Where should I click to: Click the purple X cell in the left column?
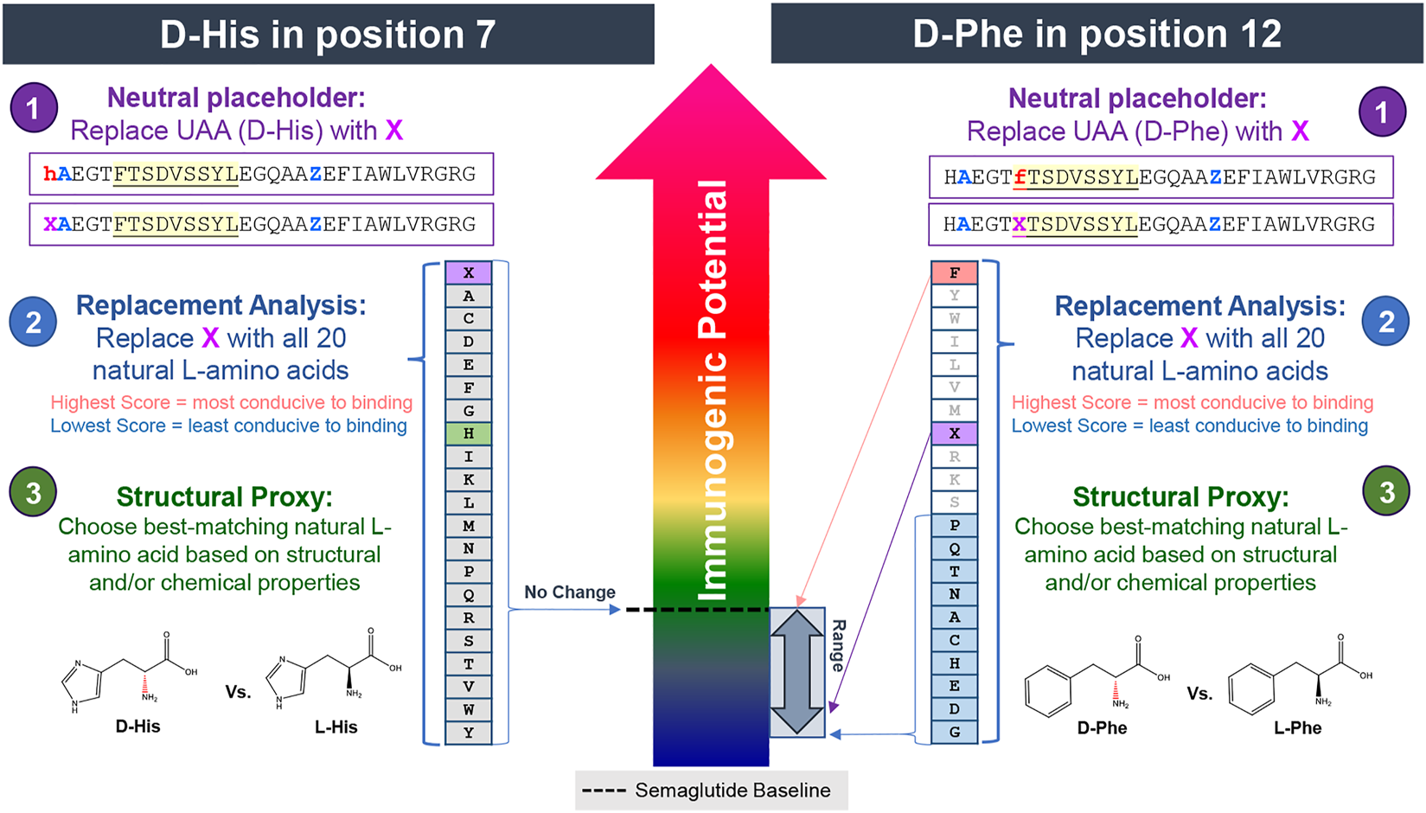tap(468, 272)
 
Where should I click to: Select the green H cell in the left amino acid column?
tap(468, 433)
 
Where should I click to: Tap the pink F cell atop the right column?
tap(954, 272)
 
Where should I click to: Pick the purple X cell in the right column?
tap(954, 433)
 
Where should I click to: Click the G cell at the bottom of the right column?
tap(954, 732)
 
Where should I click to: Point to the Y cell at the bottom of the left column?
tap(468, 733)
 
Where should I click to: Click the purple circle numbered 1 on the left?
tap(34, 108)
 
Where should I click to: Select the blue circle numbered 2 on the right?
tap(1385, 322)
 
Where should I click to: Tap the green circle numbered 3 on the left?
tap(33, 492)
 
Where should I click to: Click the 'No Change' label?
tap(569, 592)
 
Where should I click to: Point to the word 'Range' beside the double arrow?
tap(837, 645)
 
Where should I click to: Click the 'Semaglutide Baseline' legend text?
tap(732, 791)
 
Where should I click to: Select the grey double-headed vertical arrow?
tap(796, 672)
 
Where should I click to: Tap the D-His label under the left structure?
tap(138, 727)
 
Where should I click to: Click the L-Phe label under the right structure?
tap(1297, 728)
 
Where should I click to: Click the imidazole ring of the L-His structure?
tap(286, 678)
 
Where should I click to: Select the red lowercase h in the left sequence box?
tap(49, 174)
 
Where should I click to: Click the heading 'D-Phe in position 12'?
tap(1097, 35)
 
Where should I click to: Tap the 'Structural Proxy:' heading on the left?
tap(224, 496)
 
